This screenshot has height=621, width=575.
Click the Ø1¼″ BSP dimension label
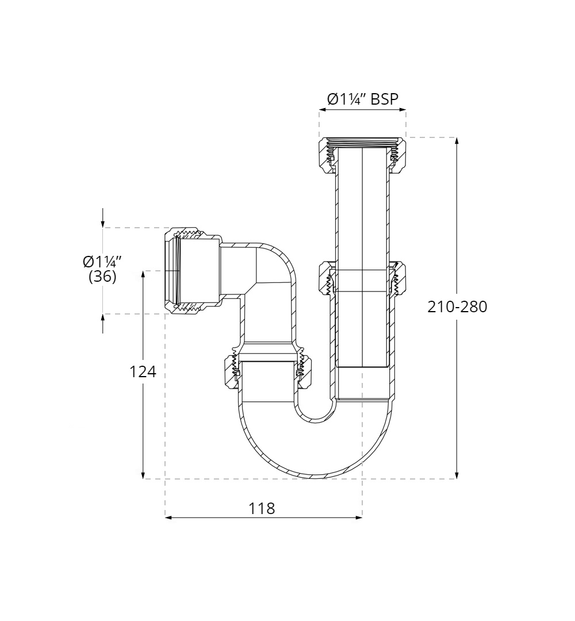[362, 99]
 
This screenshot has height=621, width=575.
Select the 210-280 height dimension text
[457, 306]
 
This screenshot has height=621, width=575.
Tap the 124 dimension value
[143, 372]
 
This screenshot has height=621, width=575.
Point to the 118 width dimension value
[262, 509]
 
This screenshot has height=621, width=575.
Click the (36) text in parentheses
[103, 277]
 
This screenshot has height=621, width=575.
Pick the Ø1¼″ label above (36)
[102, 262]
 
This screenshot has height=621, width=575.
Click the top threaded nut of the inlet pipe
[362, 154]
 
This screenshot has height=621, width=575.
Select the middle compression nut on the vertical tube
[362, 278]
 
